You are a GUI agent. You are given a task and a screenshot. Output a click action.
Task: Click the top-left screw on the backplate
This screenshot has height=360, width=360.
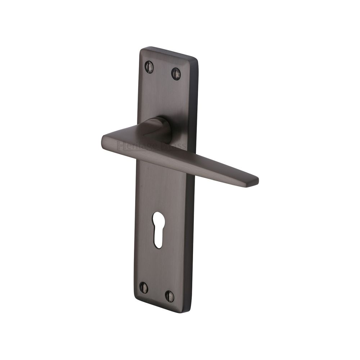[149, 67]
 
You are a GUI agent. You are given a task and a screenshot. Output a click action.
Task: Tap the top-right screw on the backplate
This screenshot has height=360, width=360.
[176, 73]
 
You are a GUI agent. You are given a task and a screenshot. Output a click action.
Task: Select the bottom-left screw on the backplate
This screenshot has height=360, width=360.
[143, 287]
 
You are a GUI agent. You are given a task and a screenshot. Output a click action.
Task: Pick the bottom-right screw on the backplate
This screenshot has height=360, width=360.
[169, 296]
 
